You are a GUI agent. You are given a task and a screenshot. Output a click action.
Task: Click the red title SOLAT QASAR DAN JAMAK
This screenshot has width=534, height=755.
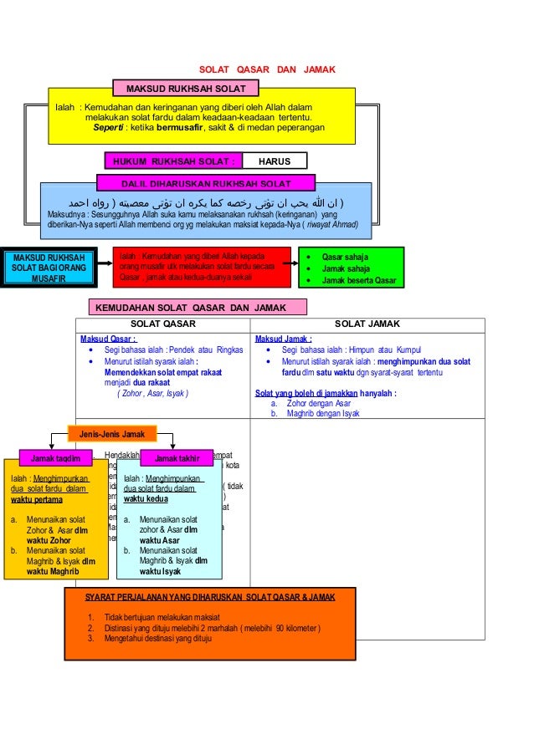(266, 69)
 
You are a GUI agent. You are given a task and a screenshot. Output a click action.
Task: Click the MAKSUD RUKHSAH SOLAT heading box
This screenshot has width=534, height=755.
(185, 89)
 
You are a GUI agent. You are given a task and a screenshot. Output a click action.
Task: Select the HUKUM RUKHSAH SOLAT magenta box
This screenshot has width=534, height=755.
(173, 161)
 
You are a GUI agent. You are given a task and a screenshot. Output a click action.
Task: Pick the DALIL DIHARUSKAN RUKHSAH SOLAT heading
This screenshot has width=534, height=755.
(206, 183)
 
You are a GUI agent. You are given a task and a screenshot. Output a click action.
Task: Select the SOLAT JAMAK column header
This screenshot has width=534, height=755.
(367, 324)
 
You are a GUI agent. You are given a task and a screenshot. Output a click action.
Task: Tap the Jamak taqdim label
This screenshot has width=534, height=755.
(55, 458)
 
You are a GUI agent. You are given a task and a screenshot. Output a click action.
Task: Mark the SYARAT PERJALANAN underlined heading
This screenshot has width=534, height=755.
(210, 597)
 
